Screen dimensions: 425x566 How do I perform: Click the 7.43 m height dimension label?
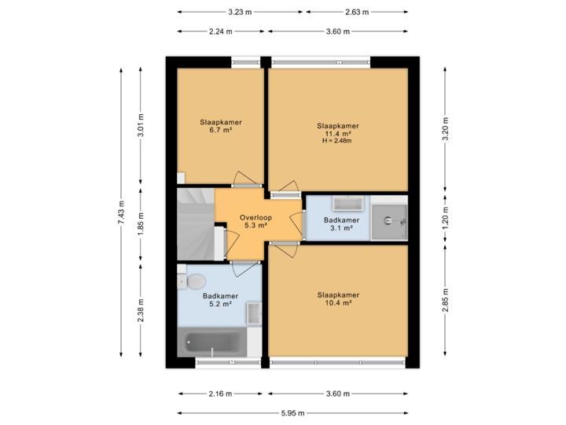[121, 212]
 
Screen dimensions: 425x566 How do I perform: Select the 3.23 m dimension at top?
[240, 12]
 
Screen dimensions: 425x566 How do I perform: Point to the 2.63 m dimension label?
[357, 12]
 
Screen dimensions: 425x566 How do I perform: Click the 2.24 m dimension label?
[220, 31]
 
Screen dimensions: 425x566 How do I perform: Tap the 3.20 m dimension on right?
[445, 128]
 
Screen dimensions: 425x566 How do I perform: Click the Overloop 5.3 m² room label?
[255, 220]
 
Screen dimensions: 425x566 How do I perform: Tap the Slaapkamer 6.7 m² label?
[220, 126]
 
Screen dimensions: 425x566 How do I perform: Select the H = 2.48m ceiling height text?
[338, 141]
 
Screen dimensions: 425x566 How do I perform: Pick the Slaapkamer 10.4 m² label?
[338, 299]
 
